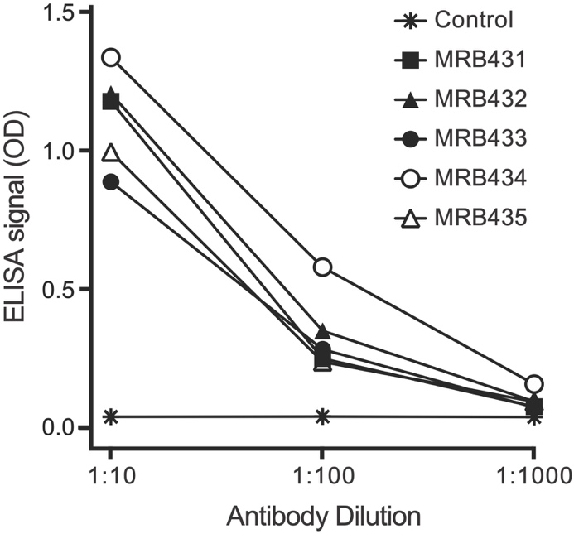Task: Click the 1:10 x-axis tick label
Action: click(x=110, y=478)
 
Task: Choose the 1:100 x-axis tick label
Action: click(x=323, y=478)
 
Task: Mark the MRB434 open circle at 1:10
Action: click(x=110, y=58)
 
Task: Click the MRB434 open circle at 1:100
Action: click(x=323, y=267)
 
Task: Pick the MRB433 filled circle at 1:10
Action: click(x=110, y=182)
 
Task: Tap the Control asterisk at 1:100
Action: click(x=323, y=416)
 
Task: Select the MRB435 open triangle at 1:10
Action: click(x=110, y=153)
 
